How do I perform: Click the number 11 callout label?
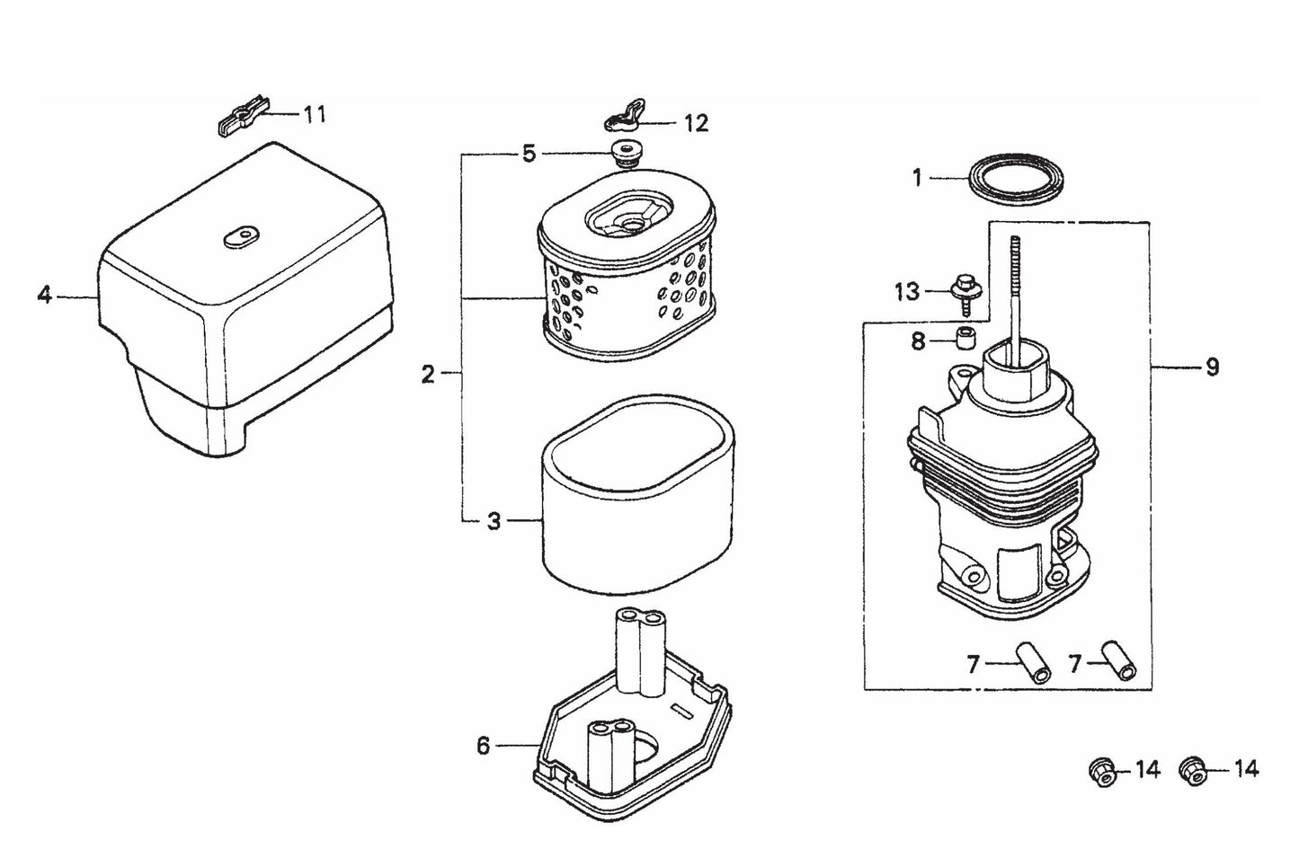[314, 114]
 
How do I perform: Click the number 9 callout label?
[1212, 367]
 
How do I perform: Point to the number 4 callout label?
[44, 295]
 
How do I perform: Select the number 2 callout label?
[428, 374]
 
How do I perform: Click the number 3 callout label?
[494, 521]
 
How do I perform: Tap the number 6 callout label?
[484, 746]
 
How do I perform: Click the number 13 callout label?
[907, 292]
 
